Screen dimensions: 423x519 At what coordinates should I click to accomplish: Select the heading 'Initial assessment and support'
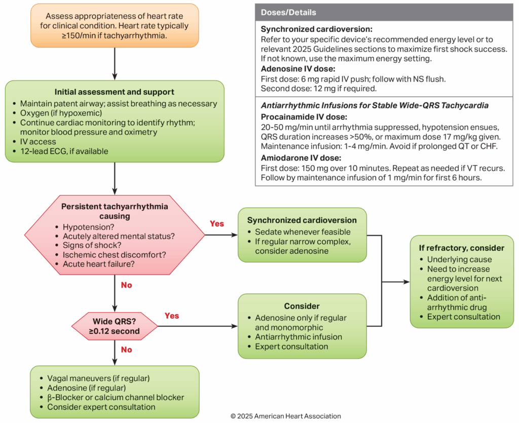pos(115,92)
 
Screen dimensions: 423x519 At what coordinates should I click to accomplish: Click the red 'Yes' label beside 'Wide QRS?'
pos(172,316)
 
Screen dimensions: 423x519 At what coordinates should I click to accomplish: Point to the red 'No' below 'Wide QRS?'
pos(127,350)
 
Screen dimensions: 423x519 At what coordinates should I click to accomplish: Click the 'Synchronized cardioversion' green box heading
pos(302,220)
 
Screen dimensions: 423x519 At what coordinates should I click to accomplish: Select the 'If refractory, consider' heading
pos(462,248)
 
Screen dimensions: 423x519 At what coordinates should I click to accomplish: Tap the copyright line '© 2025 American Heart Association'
pos(285,416)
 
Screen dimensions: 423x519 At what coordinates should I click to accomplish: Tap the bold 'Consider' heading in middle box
pos(302,306)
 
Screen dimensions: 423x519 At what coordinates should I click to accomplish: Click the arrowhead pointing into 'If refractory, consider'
pos(407,282)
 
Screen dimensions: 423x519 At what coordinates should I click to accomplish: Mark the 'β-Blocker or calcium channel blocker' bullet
pos(115,397)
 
